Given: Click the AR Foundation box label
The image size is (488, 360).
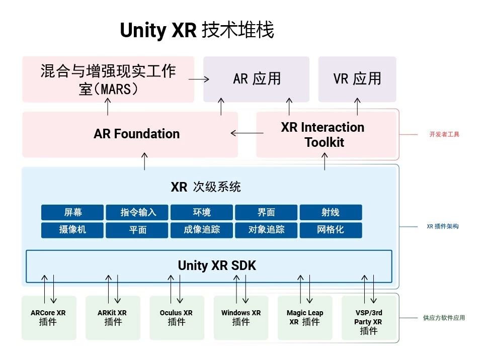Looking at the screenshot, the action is tap(137, 134).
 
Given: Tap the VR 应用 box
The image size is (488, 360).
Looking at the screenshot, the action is tap(357, 79).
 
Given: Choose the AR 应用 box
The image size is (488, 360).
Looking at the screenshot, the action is tap(256, 79).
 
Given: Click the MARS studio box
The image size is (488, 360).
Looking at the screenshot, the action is tap(108, 79).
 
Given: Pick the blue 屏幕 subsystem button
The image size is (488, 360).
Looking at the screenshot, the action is tap(72, 212).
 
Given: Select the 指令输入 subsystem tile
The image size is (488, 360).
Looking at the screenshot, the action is tap(137, 212).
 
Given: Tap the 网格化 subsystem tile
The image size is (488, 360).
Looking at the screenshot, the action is tap(331, 230).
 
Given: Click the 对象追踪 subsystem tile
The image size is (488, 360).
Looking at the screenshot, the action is tap(266, 230).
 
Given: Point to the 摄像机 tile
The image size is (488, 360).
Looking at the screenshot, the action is tap(72, 230).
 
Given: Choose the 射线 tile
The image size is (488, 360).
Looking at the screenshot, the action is tap(331, 212).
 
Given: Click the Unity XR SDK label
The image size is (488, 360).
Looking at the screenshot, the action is tap(217, 265).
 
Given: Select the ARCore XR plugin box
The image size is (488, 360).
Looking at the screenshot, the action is tap(49, 318).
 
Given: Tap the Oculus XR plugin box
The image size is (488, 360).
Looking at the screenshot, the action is tap(177, 318).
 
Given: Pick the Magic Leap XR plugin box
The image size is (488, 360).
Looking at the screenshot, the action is tap(305, 318).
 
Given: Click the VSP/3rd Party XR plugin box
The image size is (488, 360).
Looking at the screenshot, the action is tap(369, 318).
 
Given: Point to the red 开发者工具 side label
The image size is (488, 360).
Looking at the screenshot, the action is tap(444, 134).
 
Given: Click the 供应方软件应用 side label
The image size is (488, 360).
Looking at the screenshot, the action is tap(444, 318).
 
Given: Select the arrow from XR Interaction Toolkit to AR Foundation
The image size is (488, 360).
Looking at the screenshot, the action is tap(247, 133).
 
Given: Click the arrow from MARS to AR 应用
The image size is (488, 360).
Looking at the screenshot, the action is tap(199, 79).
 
